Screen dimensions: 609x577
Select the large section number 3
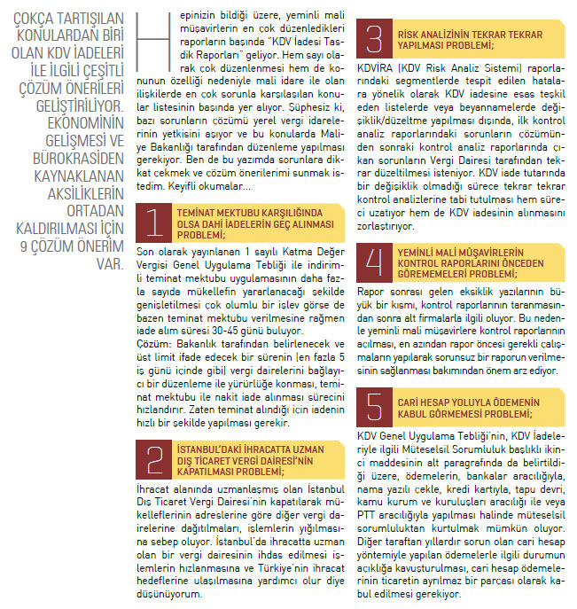pyautogui.click(x=374, y=41)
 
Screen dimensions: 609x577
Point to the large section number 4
pyautogui.click(x=374, y=263)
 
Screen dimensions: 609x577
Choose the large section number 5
pyautogui.click(x=374, y=406)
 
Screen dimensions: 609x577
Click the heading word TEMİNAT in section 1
pyautogui.click(x=200, y=214)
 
